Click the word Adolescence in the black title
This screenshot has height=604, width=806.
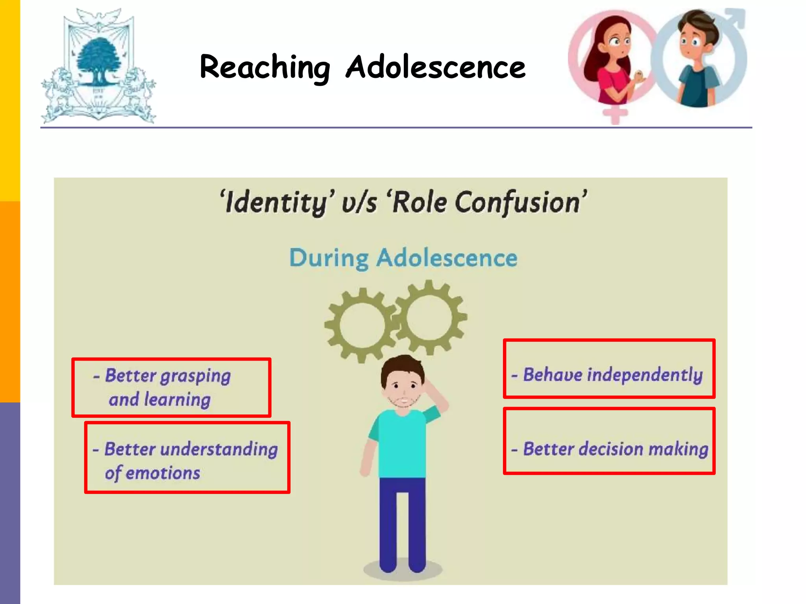click(435, 67)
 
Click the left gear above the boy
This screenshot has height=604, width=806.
click(361, 325)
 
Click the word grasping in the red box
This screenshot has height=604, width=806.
click(195, 376)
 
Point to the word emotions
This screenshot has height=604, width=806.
click(163, 473)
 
